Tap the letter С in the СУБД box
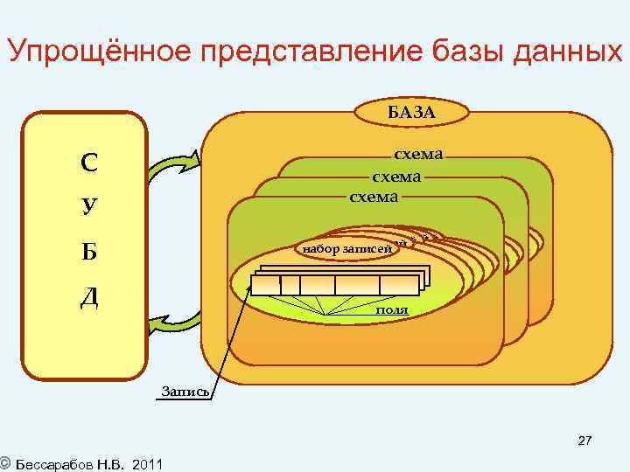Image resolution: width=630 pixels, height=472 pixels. pos(88,163)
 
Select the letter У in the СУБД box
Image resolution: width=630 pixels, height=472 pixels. pos(88,207)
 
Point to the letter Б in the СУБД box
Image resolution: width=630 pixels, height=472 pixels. pos(88,252)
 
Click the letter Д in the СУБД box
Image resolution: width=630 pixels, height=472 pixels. pos(88,297)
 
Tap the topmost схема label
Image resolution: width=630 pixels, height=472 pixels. pos(418,155)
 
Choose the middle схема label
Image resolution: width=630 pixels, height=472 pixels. pos(396,176)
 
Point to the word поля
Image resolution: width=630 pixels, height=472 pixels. pos(390,309)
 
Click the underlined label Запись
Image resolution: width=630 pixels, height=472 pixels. pos(184,391)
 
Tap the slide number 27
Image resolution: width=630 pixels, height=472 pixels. pos(584,441)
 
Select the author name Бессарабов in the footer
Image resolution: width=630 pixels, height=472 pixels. pos(54,462)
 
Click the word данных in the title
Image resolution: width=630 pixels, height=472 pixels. pos(562,53)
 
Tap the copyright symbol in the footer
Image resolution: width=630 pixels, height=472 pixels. pos(5,462)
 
